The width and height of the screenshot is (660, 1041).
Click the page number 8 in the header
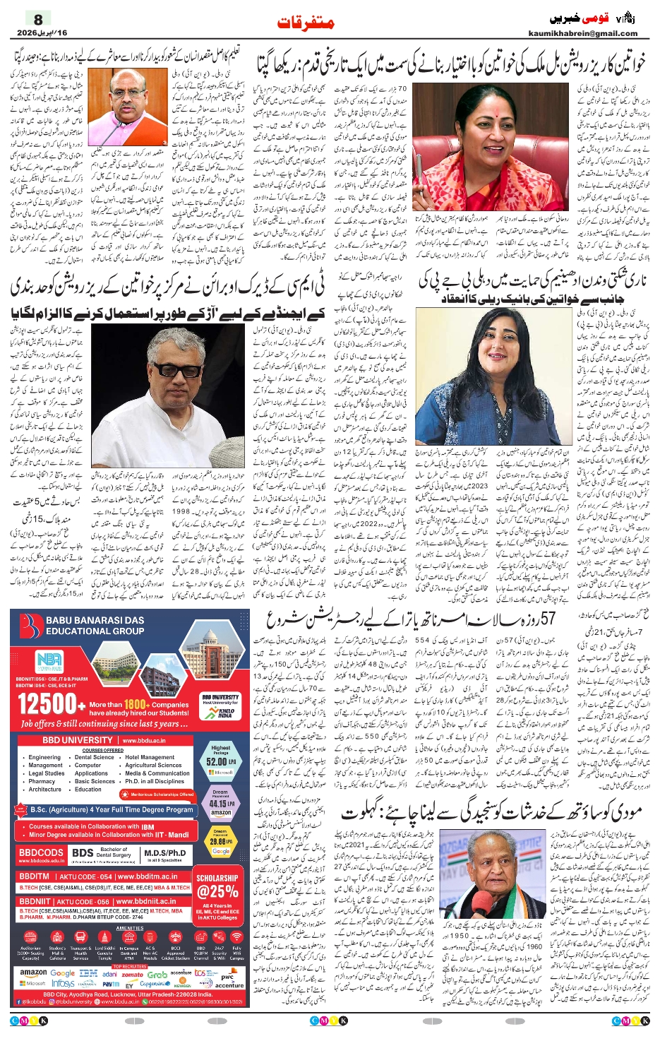39,20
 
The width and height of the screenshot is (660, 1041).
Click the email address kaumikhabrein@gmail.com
582,33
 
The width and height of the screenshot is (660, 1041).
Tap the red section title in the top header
305,23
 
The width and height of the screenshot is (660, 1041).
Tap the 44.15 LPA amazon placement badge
220,804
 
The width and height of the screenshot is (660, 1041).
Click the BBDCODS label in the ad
41,852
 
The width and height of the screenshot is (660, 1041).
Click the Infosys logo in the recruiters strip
63,983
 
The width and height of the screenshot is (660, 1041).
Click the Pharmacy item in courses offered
42,781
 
